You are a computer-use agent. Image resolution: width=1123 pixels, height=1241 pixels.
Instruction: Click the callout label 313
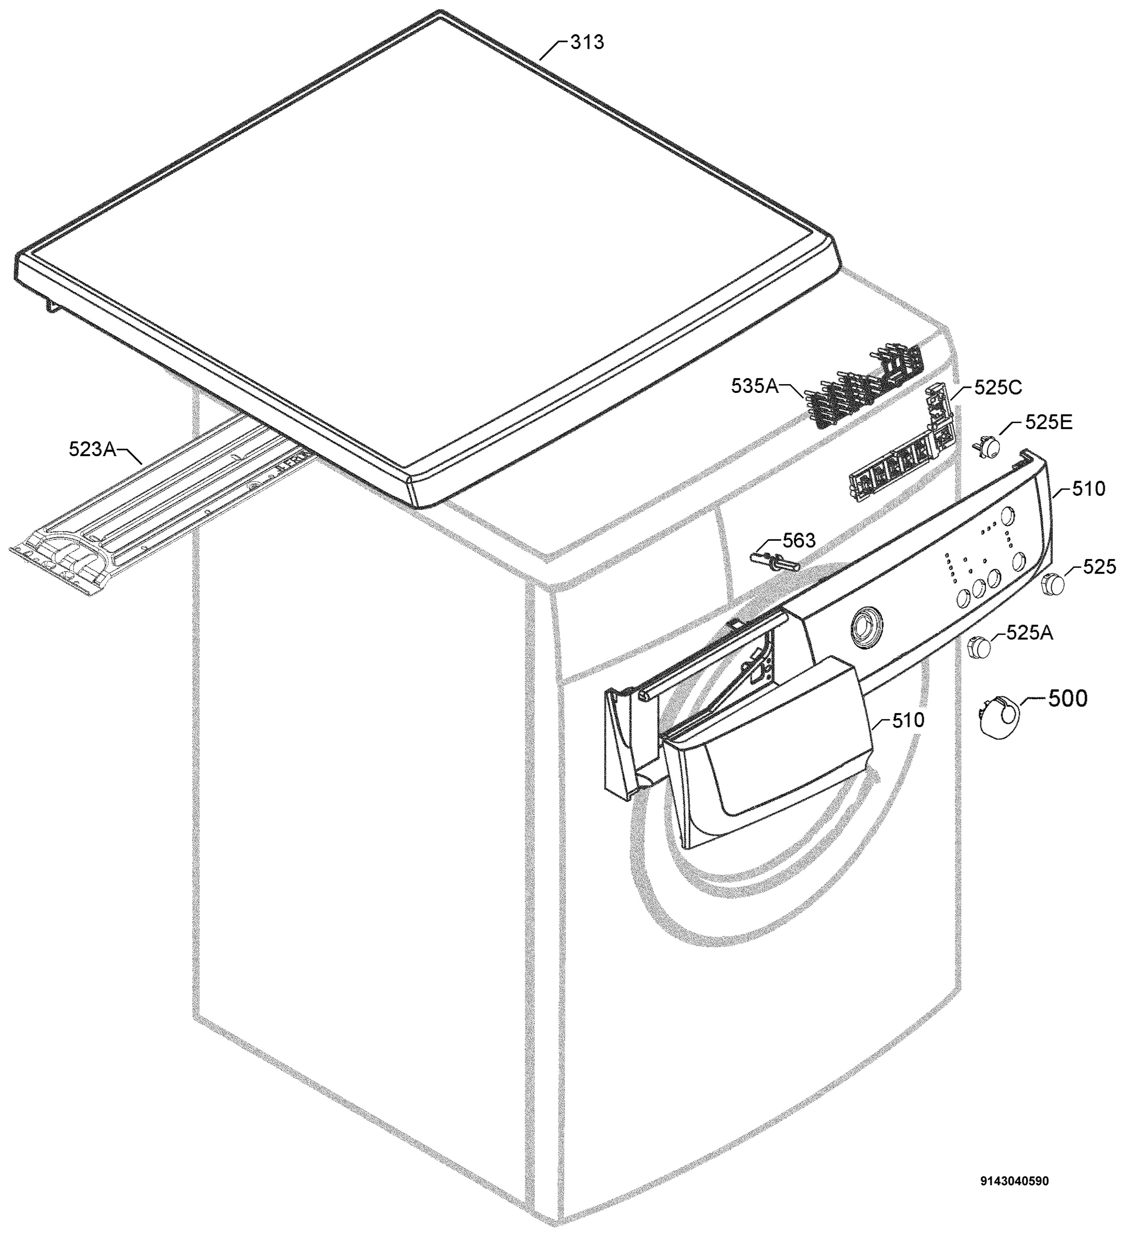pos(587,42)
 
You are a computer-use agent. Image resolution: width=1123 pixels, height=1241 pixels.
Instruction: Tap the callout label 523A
pos(93,449)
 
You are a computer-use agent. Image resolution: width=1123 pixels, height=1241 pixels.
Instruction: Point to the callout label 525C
pos(997,387)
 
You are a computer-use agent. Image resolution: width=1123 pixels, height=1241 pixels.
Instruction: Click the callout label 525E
pos(1049,422)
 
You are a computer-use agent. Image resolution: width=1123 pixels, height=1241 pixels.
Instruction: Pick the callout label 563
pos(798,540)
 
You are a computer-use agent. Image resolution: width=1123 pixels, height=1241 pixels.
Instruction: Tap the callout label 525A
pos(1029,632)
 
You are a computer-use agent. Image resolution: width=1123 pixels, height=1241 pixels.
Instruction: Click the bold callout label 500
pos(1067,699)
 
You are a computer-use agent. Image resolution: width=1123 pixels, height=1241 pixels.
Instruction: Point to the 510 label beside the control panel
pos(1088,489)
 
